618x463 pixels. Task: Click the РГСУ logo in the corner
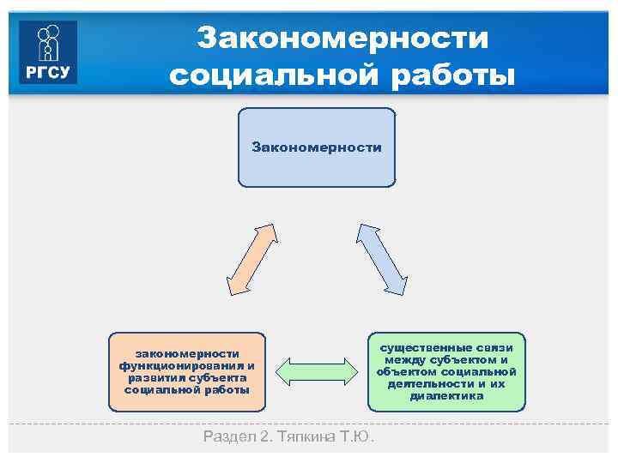(48, 51)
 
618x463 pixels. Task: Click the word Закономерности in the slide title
(342, 38)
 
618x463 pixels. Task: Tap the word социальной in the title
(272, 75)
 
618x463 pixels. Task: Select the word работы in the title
(449, 75)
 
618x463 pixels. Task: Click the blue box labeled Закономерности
(317, 147)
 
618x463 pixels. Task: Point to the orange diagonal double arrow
(251, 260)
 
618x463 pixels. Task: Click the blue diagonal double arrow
(383, 260)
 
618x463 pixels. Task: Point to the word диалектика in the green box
(446, 395)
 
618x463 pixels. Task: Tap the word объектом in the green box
(410, 371)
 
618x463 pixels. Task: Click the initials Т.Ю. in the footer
(360, 437)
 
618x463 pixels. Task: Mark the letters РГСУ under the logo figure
(48, 72)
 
